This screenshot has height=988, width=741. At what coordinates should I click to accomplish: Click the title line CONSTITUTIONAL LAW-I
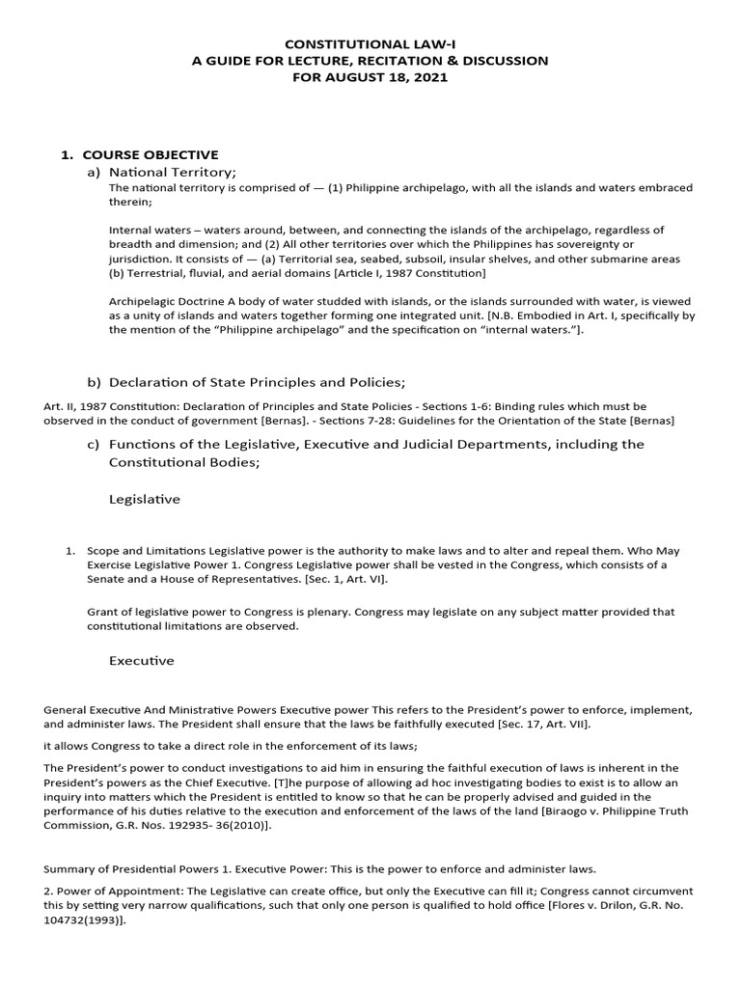370,43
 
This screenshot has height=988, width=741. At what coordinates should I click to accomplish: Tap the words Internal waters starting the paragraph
146,231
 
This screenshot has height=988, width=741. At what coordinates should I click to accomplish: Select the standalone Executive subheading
142,661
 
